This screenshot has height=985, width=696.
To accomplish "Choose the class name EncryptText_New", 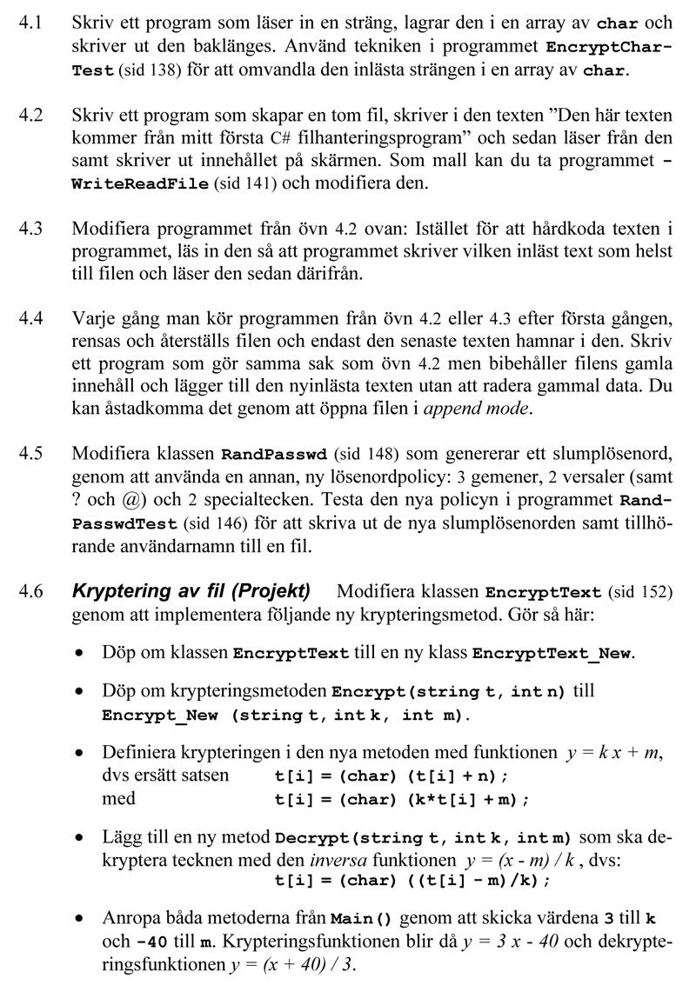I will click(x=552, y=654).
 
